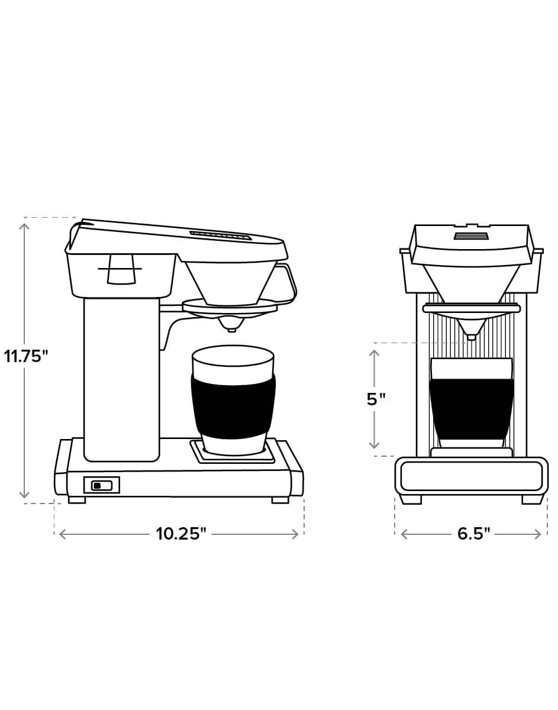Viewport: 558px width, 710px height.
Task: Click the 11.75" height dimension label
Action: coord(26,356)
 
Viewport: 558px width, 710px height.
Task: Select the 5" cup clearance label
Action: coord(376,399)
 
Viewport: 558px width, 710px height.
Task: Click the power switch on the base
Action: coord(102,486)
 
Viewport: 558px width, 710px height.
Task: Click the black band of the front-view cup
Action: coord(472,409)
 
